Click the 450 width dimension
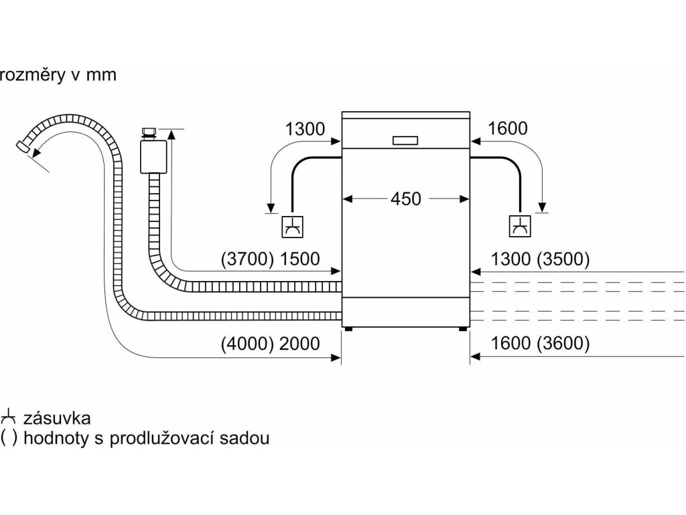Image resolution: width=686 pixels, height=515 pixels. (407, 199)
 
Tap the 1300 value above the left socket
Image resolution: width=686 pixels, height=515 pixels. (305, 129)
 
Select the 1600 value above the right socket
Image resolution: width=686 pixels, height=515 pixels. (508, 129)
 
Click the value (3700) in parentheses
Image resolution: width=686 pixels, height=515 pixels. (246, 259)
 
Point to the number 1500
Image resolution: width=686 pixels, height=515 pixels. (300, 259)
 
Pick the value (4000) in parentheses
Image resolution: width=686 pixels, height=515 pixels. (246, 344)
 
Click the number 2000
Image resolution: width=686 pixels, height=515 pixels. (300, 344)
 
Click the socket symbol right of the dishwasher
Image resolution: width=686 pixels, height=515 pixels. (519, 228)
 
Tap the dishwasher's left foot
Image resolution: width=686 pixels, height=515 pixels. (349, 329)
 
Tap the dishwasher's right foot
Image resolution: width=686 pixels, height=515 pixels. (462, 329)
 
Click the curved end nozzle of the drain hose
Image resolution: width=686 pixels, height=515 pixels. (24, 146)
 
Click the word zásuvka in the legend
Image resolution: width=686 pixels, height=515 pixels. (57, 418)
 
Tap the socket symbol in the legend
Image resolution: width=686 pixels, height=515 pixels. (8, 416)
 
